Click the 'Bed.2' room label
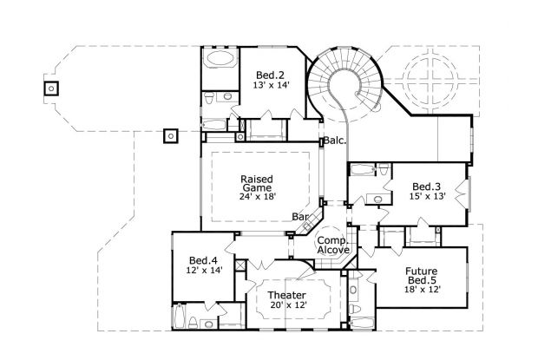[x=270, y=73]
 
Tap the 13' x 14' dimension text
[x=270, y=85]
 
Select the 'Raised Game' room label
[x=256, y=183]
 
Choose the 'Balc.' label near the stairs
[x=336, y=139]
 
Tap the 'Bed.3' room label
[x=426, y=185]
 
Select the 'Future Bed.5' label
[x=425, y=276]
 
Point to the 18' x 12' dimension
[x=425, y=289]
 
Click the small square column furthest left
[x=50, y=88]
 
